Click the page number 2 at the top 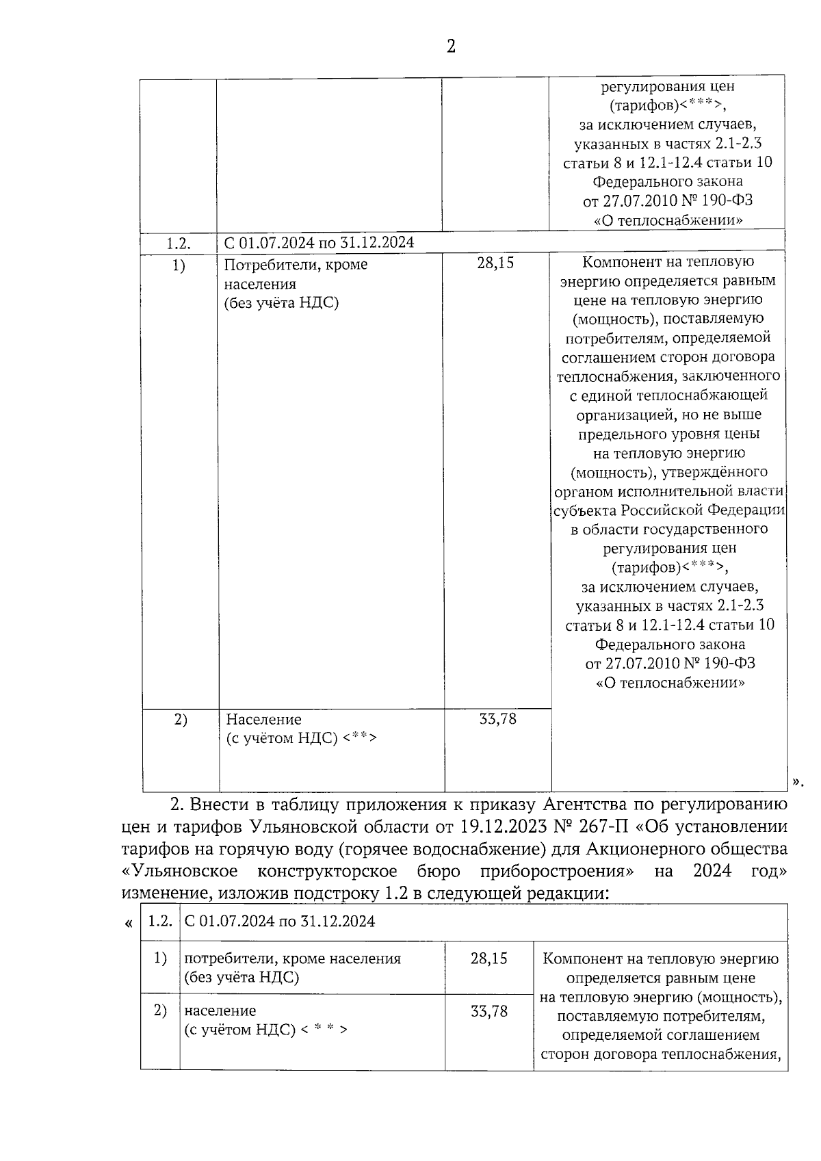click(451, 47)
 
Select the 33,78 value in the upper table click(497, 719)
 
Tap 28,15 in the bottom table click(488, 958)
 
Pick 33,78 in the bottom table click(488, 1011)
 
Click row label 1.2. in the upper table click(178, 243)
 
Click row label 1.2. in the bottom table click(160, 921)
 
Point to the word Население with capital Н click(263, 720)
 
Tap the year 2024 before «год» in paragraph click(712, 871)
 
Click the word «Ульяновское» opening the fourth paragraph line click(179, 871)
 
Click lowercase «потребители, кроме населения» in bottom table click(292, 958)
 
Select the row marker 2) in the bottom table click(160, 1010)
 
